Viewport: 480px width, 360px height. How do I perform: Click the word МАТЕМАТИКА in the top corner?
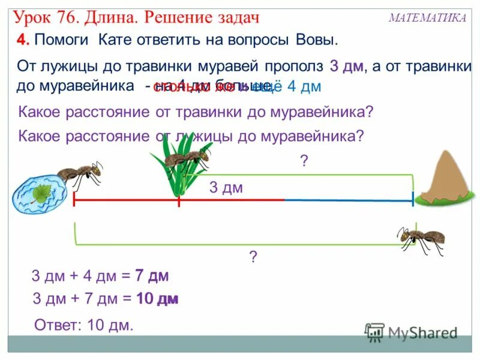427,18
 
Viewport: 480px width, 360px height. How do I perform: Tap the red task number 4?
23,40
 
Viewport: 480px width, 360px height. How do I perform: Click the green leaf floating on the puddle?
42,193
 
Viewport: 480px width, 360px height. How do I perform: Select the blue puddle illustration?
37,193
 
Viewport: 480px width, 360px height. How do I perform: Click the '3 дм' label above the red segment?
226,188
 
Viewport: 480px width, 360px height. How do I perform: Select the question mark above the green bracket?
304,161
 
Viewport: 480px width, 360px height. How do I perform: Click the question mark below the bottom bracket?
253,257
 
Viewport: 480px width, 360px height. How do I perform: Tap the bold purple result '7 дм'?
152,277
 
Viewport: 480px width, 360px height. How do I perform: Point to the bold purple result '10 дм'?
158,299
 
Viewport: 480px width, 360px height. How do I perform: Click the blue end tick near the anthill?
413,199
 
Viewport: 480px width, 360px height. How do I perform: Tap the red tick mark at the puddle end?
74,200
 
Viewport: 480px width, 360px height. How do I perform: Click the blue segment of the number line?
348,200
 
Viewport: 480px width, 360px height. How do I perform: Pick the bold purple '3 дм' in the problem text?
346,66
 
